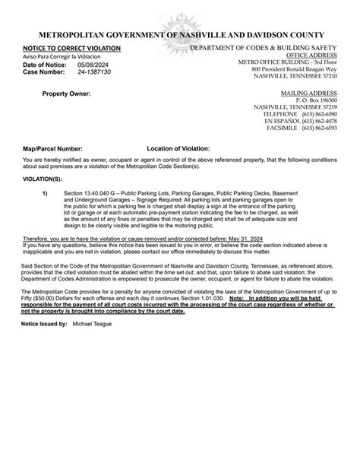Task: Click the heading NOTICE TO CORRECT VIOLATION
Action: pos(66,48)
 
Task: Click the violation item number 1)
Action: pos(46,194)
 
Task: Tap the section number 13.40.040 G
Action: pos(99,194)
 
